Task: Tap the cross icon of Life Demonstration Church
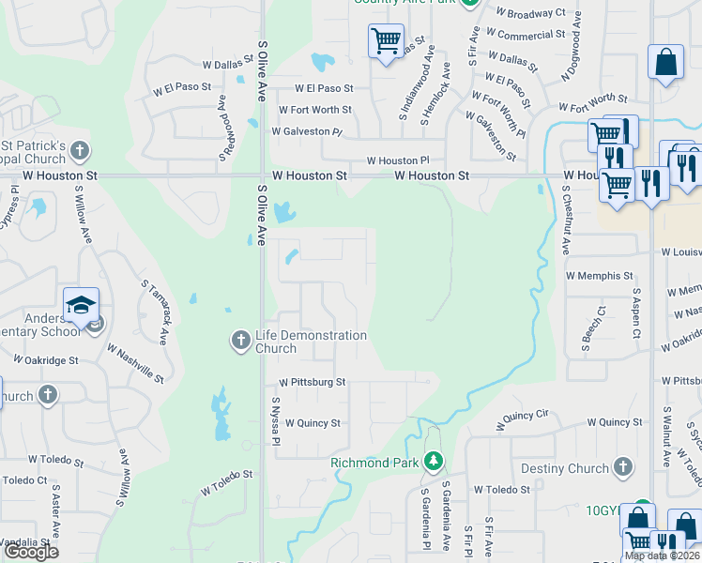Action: pos(240,340)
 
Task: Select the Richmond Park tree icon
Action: pos(433,461)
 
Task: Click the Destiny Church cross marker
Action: pos(622,467)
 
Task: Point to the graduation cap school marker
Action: pos(82,305)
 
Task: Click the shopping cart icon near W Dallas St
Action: pos(386,41)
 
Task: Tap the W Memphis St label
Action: pos(600,276)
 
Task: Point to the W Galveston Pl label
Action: pos(308,131)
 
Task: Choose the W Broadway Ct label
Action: pos(531,14)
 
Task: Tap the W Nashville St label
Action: pos(135,363)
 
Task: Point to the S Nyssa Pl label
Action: pos(275,419)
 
